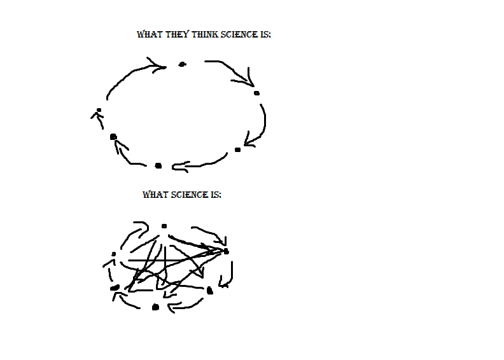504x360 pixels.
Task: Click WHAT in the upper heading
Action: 150,34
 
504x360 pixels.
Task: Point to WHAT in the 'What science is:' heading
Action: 155,195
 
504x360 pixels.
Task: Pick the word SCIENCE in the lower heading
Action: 190,195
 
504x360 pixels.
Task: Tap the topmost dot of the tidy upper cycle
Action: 182,64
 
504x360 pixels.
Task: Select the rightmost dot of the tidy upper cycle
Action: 256,93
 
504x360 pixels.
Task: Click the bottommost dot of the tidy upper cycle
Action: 158,166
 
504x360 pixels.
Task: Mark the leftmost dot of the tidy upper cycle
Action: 99,110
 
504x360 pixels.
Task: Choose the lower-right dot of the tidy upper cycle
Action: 237,149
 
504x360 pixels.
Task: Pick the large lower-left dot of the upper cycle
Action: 113,137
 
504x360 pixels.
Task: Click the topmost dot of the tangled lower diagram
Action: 164,226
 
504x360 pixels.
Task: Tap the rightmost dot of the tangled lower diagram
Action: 227,252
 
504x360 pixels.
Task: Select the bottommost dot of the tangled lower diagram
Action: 155,307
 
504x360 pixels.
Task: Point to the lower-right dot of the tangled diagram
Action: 210,291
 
